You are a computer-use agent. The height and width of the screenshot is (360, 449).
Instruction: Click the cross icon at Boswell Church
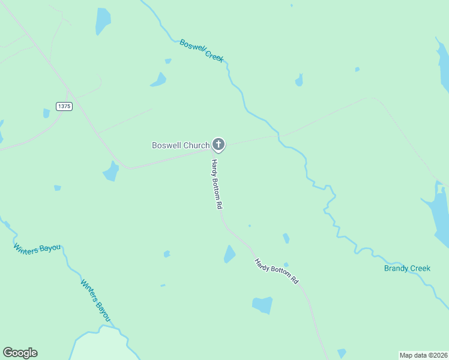(218, 144)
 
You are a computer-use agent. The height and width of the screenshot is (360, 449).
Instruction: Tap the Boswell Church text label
(181, 145)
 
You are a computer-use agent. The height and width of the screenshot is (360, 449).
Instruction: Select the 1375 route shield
(64, 106)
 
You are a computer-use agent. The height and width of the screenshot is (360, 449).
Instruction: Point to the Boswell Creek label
(202, 50)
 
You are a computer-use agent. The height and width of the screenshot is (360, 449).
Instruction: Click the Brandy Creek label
(407, 268)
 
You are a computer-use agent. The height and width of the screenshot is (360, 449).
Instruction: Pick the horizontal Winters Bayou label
(38, 248)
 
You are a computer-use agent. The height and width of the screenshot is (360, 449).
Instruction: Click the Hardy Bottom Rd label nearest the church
(217, 184)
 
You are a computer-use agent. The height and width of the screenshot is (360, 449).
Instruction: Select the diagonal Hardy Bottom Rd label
(276, 271)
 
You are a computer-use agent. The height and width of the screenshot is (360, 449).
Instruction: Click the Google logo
(20, 353)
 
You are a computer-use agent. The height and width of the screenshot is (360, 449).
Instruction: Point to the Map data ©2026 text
(423, 355)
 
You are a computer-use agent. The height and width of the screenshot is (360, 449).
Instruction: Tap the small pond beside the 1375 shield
(46, 113)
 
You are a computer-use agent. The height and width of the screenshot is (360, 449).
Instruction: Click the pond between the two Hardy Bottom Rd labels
(229, 254)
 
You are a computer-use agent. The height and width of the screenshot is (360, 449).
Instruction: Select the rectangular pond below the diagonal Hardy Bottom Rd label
(262, 305)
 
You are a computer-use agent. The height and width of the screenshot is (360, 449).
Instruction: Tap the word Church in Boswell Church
(197, 145)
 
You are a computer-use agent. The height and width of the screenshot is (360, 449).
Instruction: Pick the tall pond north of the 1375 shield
(103, 22)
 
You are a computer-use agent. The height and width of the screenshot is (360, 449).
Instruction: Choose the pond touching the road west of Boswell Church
(111, 172)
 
